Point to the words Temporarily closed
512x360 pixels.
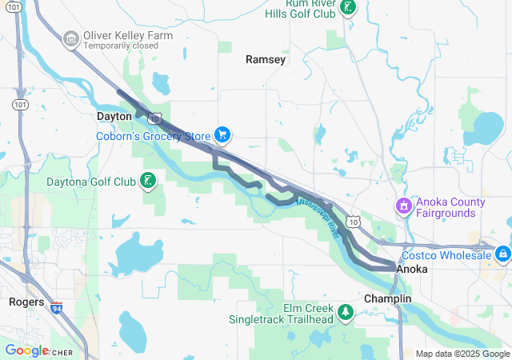point(121,46)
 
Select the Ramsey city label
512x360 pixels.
point(266,59)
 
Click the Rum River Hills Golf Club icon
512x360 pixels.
point(348,7)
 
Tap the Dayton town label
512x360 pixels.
point(114,116)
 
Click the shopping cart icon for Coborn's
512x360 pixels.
point(223,135)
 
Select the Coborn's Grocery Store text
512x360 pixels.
point(154,136)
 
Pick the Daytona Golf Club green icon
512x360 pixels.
point(147,181)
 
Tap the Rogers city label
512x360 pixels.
point(26,302)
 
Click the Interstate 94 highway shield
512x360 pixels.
point(56,306)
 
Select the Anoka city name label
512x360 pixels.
point(412,270)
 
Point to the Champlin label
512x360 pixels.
point(387,298)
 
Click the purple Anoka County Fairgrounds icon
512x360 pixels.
point(404,206)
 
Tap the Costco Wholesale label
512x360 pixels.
point(447,254)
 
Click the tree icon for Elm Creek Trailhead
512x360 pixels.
point(346,312)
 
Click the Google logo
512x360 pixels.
point(26,350)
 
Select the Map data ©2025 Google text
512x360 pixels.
point(462,354)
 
